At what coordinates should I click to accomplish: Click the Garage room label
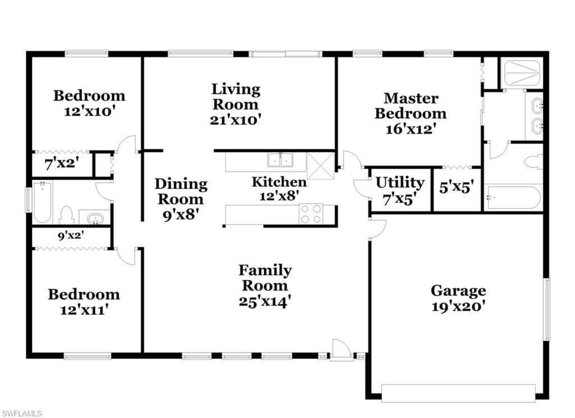[x=458, y=290]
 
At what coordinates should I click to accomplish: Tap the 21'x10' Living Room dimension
[x=235, y=120]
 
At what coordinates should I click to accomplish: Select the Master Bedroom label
[x=410, y=106]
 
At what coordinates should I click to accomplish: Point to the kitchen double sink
[x=281, y=160]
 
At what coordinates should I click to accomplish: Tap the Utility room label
[x=400, y=183]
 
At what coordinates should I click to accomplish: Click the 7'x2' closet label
[x=62, y=163]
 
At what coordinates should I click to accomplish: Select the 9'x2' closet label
[x=71, y=235]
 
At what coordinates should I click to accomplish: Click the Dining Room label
[x=181, y=191]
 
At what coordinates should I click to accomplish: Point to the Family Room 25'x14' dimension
[x=265, y=301]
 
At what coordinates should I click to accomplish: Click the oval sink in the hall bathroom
[x=95, y=219]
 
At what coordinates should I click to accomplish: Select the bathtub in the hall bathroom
[x=43, y=202]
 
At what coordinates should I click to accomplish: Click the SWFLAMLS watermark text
[x=21, y=414]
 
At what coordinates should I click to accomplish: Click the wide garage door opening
[x=458, y=393]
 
